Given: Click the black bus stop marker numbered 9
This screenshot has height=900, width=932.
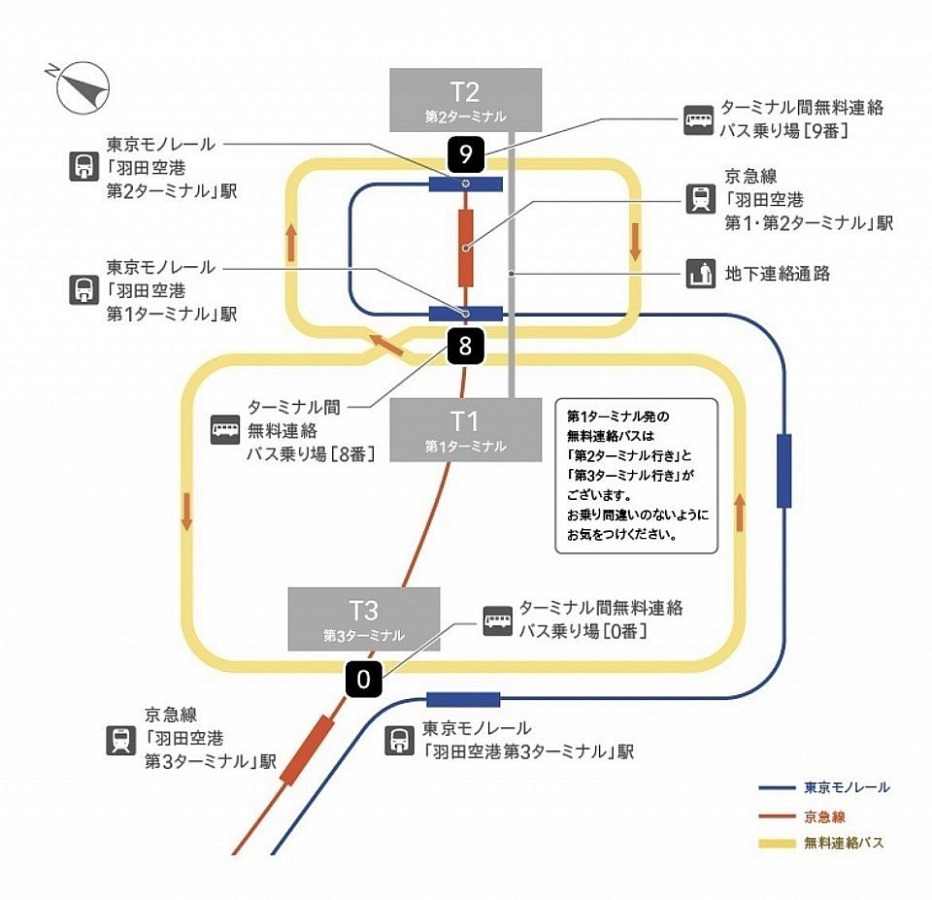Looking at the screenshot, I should point(465,153).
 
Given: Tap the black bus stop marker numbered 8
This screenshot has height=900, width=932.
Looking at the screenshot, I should point(465,347).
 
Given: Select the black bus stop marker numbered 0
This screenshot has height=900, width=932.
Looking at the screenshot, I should point(364,680).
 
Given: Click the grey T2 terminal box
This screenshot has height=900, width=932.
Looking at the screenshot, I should point(465,99).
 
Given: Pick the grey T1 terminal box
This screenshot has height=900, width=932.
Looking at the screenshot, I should point(465,428).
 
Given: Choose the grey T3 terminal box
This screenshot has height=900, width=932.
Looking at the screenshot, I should point(364,618).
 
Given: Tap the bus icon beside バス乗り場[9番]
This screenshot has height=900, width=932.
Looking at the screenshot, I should point(699,119).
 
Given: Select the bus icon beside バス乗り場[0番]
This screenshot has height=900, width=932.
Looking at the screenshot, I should point(498,620).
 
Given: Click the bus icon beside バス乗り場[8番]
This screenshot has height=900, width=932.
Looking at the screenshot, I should point(225,429).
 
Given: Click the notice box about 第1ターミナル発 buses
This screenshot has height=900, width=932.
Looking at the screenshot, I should point(636,476).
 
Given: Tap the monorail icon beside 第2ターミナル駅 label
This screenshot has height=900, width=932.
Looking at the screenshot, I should point(83,167).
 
